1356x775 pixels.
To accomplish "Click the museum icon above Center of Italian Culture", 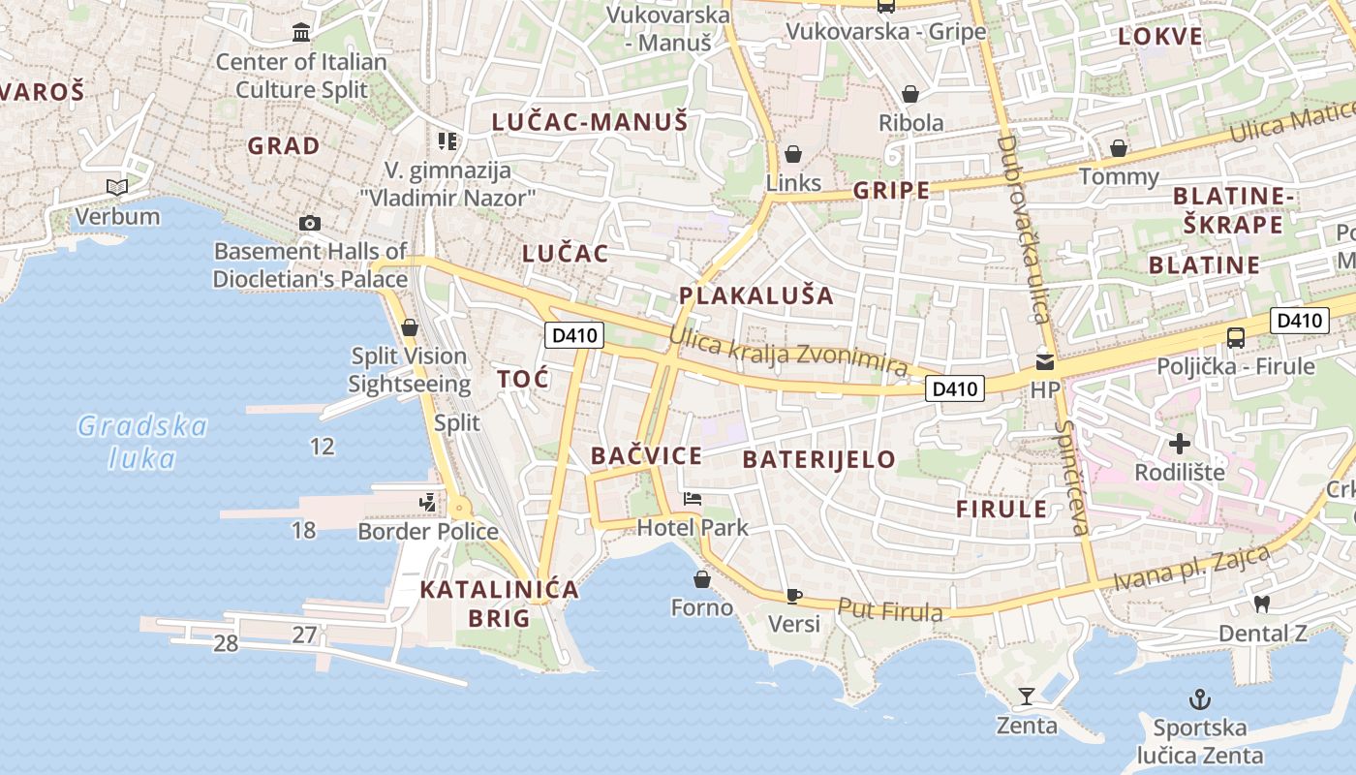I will [x=301, y=33].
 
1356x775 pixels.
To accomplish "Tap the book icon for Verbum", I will [x=117, y=187].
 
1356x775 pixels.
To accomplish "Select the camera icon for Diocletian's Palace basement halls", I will [x=310, y=223].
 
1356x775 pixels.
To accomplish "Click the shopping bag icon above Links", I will [x=793, y=154].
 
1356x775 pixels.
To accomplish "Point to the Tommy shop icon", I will [x=1119, y=148].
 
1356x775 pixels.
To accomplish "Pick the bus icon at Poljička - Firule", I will [x=1236, y=337].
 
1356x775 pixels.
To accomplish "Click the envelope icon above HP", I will [x=1044, y=361].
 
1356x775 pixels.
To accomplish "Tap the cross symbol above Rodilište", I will [x=1179, y=444].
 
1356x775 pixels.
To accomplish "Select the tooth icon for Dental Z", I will [x=1261, y=604].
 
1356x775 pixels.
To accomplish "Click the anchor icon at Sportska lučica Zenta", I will [x=1200, y=698].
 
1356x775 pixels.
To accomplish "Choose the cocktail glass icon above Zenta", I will [x=1027, y=696].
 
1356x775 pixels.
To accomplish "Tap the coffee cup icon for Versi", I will [x=794, y=595].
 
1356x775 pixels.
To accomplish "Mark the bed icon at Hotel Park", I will [x=693, y=499].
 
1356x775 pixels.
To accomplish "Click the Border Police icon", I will [x=427, y=502].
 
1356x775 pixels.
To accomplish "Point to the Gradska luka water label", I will [x=142, y=441].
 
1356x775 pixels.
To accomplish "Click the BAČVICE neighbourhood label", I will [x=646, y=455].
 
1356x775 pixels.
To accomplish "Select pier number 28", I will [x=226, y=642].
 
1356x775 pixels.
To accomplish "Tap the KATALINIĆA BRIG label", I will [x=500, y=603].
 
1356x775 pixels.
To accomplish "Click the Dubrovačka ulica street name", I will [x=1022, y=229].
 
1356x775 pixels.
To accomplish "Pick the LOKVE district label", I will [x=1160, y=37].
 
